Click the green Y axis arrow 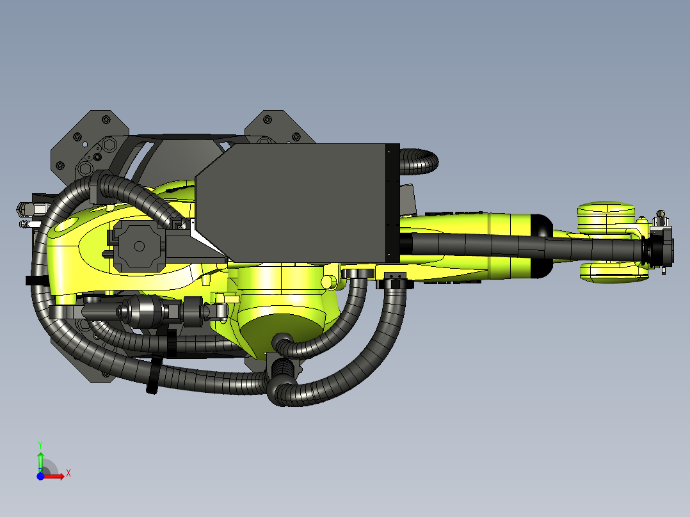tap(40, 459)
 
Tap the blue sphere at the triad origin tap(40, 476)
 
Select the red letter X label tap(68, 473)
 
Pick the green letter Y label tap(40, 444)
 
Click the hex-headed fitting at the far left tap(22, 209)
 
